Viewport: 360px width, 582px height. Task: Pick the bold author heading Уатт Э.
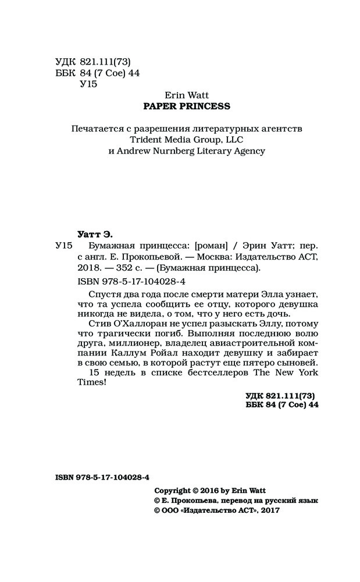tap(95, 233)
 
